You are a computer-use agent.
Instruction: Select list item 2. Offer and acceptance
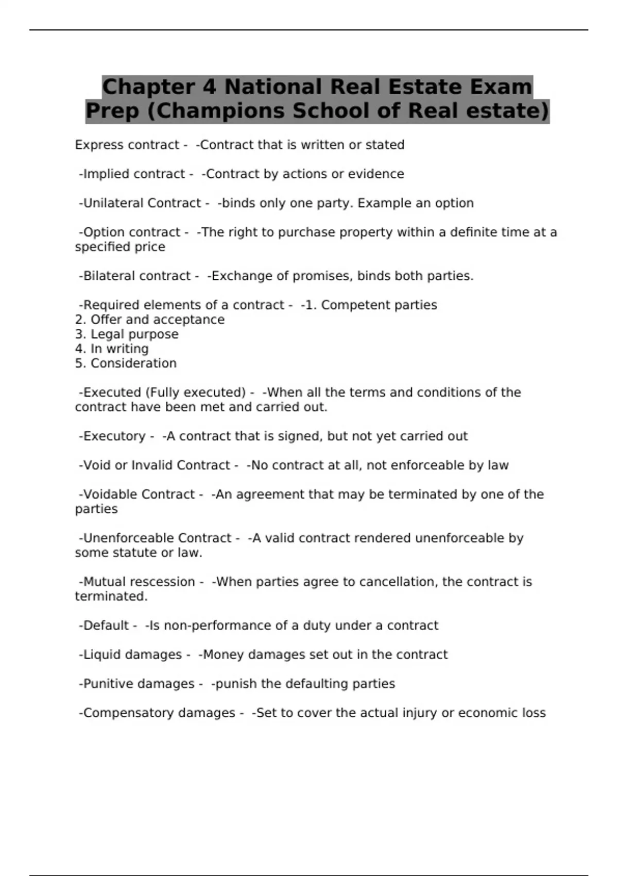[150, 319]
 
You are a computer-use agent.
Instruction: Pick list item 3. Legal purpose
[127, 334]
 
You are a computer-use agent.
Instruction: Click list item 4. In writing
[112, 349]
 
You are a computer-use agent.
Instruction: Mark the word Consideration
[133, 363]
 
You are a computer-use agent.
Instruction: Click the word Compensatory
[121, 713]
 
